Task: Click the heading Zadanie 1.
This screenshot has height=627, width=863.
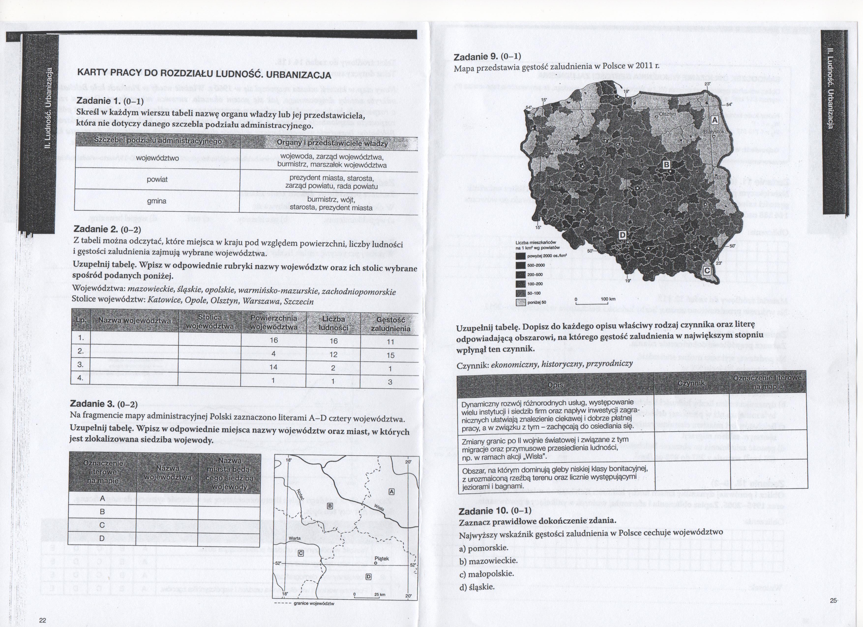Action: pyautogui.click(x=110, y=101)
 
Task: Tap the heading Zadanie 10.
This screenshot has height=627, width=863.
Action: pyautogui.click(x=495, y=511)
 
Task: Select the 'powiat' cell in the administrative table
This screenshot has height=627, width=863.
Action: pyautogui.click(x=157, y=179)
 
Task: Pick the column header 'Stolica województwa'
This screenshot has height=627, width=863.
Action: pyautogui.click(x=210, y=322)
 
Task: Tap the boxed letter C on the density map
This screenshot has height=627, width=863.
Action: pyautogui.click(x=707, y=270)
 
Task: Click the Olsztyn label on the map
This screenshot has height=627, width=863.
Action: pyautogui.click(x=668, y=114)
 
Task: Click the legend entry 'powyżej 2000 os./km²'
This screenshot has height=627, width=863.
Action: pyautogui.click(x=547, y=256)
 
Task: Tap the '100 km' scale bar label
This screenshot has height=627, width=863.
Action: pyautogui.click(x=608, y=299)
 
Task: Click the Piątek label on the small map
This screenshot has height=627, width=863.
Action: pyautogui.click(x=382, y=558)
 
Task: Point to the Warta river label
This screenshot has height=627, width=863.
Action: pyautogui.click(x=295, y=538)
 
